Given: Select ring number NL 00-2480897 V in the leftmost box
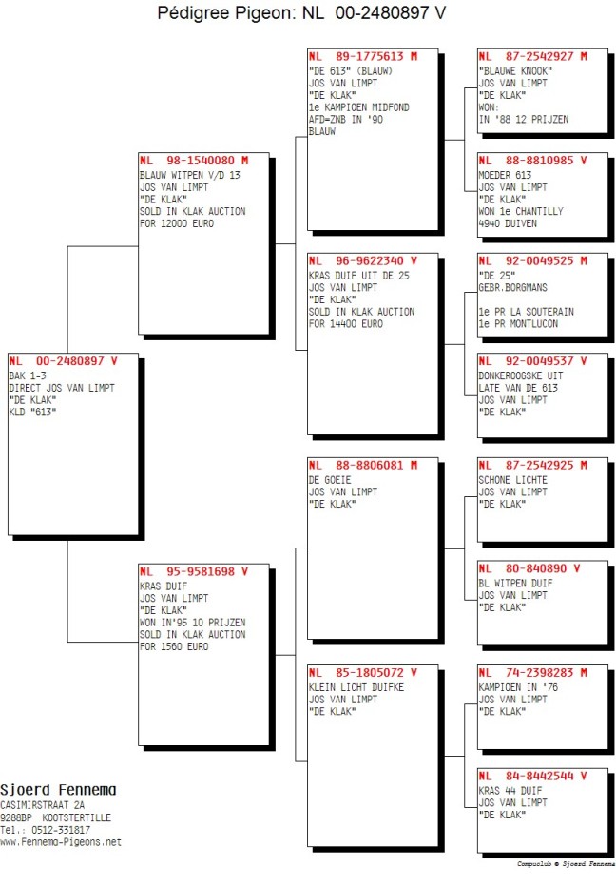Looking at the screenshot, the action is (63, 361).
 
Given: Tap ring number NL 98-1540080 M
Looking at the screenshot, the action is (194, 161).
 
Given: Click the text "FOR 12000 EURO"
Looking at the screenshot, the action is (177, 223).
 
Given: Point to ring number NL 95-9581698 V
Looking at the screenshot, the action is (194, 571).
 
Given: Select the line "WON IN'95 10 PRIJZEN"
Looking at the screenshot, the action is (193, 623).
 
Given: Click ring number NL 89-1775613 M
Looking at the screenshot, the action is (363, 56).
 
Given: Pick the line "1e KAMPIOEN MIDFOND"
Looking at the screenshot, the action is (359, 107).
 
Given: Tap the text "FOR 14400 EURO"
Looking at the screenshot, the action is (346, 324).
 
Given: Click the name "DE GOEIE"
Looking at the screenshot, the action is (330, 480).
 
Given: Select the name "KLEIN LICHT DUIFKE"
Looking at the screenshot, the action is (356, 688).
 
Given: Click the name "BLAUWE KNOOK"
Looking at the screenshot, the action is (515, 71).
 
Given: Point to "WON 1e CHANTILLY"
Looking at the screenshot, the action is (521, 211).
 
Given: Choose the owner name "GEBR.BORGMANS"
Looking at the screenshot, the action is (513, 287).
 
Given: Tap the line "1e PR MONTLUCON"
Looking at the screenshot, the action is (518, 324).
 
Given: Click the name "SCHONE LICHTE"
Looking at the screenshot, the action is (513, 480).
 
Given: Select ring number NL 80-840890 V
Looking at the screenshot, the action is (529, 568).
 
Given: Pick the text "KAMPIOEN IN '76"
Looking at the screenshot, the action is (518, 688).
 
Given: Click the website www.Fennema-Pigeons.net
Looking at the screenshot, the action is (61, 842).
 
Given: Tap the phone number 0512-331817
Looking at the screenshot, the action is (61, 830).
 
